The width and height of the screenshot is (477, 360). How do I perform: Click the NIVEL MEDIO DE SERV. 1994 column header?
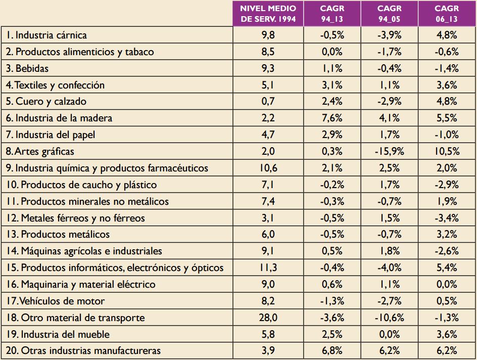pyautogui.click(x=268, y=14)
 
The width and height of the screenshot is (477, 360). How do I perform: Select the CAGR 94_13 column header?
pyautogui.click(x=332, y=14)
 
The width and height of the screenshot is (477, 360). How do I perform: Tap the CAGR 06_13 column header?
pyautogui.click(x=447, y=14)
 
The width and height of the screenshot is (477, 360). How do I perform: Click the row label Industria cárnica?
pyautogui.click(x=46, y=35)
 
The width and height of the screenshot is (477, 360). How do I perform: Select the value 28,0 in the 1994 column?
pyautogui.click(x=268, y=318)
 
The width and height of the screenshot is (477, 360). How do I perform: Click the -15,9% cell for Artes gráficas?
pyautogui.click(x=389, y=151)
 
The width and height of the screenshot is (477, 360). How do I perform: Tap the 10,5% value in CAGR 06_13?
pyautogui.click(x=447, y=151)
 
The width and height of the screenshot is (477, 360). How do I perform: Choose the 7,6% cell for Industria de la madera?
pyautogui.click(x=332, y=118)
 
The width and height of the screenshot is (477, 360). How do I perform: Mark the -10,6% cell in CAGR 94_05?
pyautogui.click(x=389, y=318)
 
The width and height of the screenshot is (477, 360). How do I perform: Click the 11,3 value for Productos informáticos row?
pyautogui.click(x=268, y=268)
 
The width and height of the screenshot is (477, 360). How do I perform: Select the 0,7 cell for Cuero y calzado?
pyautogui.click(x=268, y=102)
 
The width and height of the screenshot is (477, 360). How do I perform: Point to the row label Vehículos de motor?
pyautogui.click(x=56, y=301)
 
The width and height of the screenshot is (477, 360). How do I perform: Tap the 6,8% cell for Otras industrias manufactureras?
pyautogui.click(x=332, y=351)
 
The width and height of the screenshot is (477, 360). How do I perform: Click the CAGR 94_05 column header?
pyautogui.click(x=389, y=14)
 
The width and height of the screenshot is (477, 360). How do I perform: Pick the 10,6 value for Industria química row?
pyautogui.click(x=268, y=168)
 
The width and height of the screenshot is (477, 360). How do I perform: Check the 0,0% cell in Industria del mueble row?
pyautogui.click(x=389, y=334)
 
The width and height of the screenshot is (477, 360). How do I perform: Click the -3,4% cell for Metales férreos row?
pyautogui.click(x=447, y=218)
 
